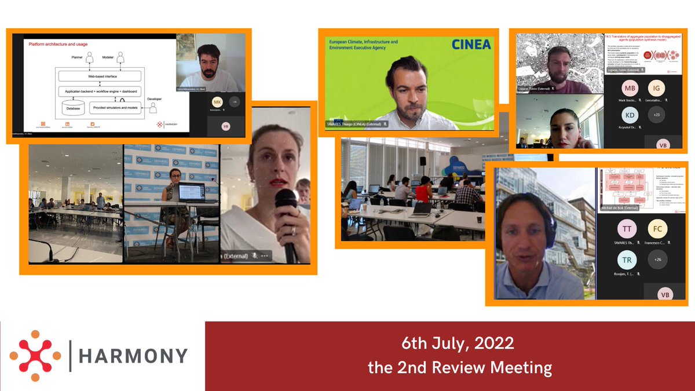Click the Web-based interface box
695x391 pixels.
(99, 76)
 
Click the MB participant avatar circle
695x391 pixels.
(630, 89)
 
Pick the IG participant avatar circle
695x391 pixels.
(656, 89)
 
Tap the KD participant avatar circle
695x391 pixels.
(630, 115)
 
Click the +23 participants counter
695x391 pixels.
(656, 115)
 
